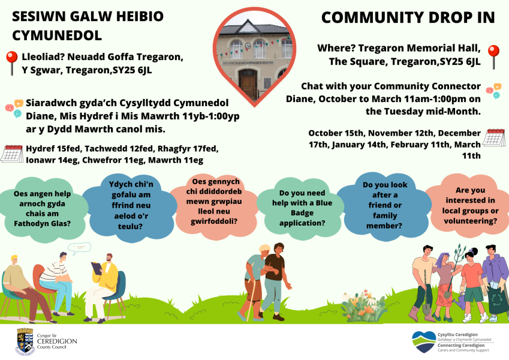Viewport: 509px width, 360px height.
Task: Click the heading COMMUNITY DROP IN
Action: click(408, 17)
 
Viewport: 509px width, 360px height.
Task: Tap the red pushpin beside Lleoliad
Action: click(11, 63)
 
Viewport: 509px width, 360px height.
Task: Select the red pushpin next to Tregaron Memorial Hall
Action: click(493, 57)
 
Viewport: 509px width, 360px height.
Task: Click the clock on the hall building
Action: click(248, 46)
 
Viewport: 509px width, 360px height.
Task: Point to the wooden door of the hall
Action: click(248, 84)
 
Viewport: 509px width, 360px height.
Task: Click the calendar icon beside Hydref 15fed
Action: click(12, 154)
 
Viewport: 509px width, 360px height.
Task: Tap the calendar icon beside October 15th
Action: click(494, 137)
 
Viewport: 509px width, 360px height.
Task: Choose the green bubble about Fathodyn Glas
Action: click(42, 209)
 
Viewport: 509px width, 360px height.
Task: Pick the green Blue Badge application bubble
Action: click(302, 208)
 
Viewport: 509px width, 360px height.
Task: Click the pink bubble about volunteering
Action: click(470, 206)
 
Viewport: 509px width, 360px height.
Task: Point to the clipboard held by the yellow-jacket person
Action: click(97, 268)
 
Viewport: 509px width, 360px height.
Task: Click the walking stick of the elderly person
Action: click(250, 299)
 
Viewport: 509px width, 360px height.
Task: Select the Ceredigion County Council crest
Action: click(25, 341)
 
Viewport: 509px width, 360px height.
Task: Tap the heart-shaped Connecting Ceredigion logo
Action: click(423, 342)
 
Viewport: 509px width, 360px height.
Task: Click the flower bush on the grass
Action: click(363, 306)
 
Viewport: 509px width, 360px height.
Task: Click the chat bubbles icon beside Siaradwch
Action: click(14, 108)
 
